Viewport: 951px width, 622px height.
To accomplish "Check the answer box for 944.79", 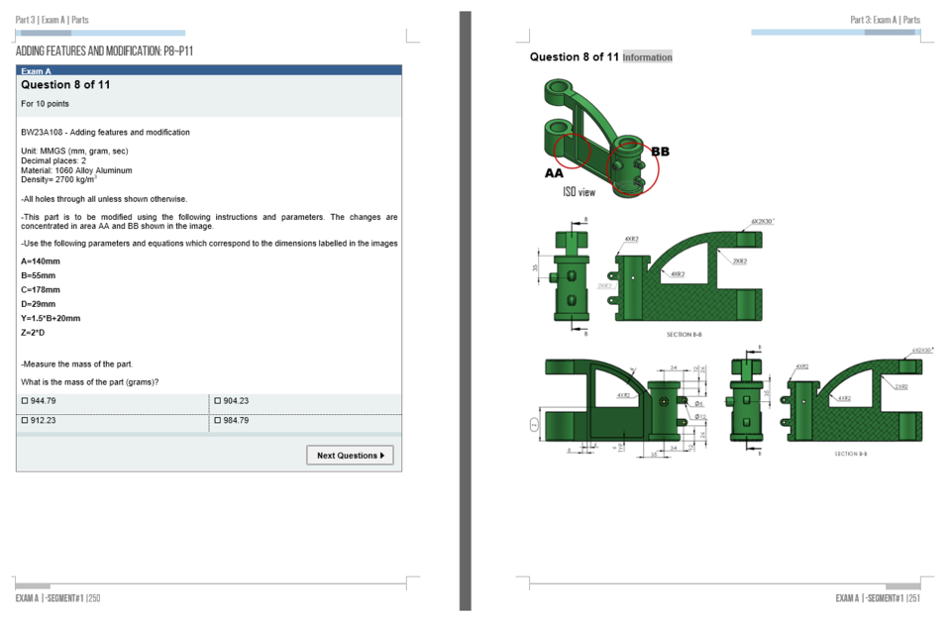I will click(24, 401).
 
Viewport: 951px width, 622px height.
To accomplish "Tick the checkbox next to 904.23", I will click(217, 401).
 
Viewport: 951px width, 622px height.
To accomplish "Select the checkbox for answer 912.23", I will click(24, 421).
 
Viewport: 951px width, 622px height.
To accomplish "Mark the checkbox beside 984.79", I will click(217, 421).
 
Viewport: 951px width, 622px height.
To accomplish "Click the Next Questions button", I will click(350, 456).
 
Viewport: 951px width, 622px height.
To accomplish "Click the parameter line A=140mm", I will click(40, 261).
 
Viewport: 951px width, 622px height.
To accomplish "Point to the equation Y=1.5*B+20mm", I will click(51, 319).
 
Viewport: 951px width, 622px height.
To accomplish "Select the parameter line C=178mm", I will click(40, 290).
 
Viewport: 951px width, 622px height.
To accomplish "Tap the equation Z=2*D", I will click(33, 333).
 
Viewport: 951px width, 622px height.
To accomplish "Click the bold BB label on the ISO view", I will click(660, 152).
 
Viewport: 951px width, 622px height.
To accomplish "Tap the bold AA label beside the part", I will click(554, 172).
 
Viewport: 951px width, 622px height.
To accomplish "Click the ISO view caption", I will click(579, 192).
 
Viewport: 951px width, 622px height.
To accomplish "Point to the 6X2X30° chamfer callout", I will click(763, 221).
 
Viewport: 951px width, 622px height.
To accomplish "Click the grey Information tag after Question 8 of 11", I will click(648, 57).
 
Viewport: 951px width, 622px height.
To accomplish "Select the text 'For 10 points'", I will click(45, 104).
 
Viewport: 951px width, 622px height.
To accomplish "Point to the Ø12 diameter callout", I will click(700, 417).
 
